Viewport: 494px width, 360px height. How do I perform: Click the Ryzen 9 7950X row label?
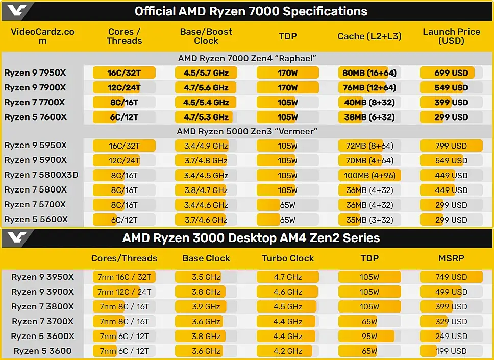click(x=35, y=73)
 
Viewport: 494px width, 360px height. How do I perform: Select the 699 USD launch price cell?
click(x=451, y=73)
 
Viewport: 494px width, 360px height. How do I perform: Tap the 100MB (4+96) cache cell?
click(x=369, y=175)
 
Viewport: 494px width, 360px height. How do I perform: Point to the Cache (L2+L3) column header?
click(x=369, y=36)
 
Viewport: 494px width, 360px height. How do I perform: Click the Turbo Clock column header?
click(x=288, y=258)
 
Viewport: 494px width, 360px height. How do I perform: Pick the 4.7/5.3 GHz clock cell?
click(x=206, y=117)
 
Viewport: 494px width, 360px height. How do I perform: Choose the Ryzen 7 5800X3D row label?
click(x=41, y=175)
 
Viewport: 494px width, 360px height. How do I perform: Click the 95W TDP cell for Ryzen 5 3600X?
click(x=369, y=336)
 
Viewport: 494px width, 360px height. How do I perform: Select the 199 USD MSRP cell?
click(x=451, y=351)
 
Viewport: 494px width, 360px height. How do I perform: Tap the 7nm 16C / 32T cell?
click(x=125, y=277)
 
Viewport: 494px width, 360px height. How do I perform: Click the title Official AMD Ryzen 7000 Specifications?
click(x=251, y=11)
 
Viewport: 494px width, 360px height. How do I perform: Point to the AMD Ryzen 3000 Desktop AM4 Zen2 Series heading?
click(x=251, y=238)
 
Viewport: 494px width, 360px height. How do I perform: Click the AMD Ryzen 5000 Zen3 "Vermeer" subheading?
click(x=247, y=131)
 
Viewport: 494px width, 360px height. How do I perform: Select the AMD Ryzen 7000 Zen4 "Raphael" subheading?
click(x=247, y=59)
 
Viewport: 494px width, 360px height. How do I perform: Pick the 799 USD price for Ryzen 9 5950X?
click(x=451, y=146)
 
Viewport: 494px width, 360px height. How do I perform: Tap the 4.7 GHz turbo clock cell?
click(x=287, y=277)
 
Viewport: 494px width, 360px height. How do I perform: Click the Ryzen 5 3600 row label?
click(x=42, y=351)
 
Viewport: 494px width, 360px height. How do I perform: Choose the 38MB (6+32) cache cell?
click(x=369, y=117)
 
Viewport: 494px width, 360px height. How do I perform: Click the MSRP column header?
click(x=451, y=258)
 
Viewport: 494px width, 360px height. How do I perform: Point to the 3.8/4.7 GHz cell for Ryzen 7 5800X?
click(x=206, y=190)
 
